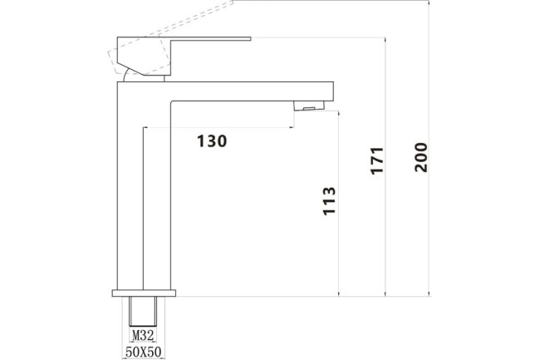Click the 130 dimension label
(x=212, y=141)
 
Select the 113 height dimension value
(x=329, y=202)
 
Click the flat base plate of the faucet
(x=144, y=293)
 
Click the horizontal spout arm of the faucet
(x=249, y=91)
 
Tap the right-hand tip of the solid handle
(x=248, y=38)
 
